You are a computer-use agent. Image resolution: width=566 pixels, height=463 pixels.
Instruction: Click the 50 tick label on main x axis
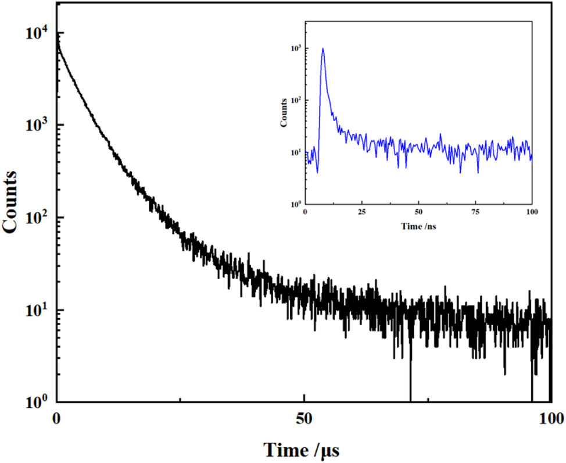[305, 417]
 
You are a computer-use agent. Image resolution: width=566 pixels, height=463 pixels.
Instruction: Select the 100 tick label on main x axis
[550, 417]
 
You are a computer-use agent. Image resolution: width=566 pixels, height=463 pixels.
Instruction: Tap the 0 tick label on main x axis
[57, 417]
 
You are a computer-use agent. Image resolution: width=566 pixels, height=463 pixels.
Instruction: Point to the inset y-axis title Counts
[284, 113]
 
